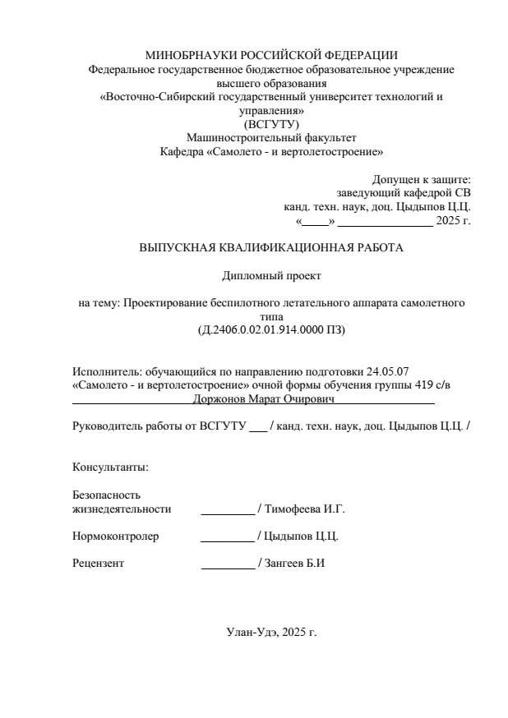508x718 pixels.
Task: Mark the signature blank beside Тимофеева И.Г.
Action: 228,509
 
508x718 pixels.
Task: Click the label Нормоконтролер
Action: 116,536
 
